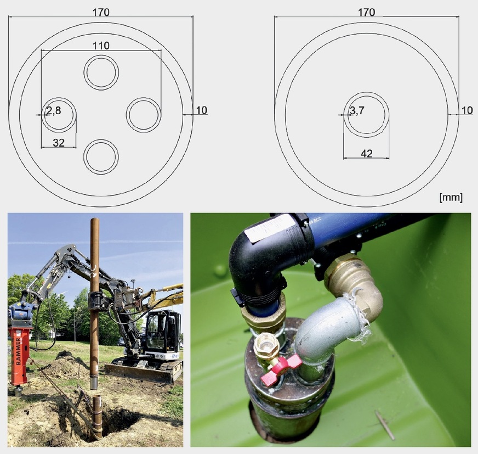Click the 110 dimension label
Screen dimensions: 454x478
point(101,46)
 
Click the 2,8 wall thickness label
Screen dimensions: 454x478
point(53,112)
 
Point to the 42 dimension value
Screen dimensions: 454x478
point(366,154)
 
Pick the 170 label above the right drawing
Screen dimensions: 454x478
point(366,12)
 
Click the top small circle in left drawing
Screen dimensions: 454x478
point(101,72)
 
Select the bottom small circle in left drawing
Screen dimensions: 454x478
point(101,156)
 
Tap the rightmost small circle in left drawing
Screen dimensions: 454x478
point(143,115)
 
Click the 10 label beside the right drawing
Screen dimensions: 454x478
point(466,110)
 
